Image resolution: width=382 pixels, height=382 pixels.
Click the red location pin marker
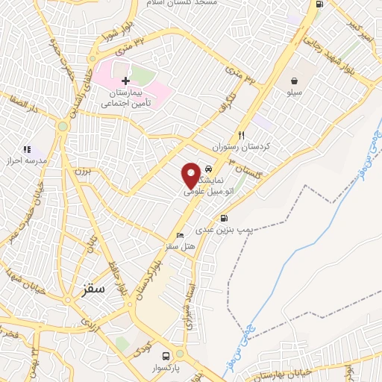192,175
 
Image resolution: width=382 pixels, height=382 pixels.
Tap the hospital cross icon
125,80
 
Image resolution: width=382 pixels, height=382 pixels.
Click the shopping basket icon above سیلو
296,80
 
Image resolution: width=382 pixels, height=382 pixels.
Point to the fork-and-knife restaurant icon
240,136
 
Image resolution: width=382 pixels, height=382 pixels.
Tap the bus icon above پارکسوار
166,356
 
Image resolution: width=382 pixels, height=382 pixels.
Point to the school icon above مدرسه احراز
28,149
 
